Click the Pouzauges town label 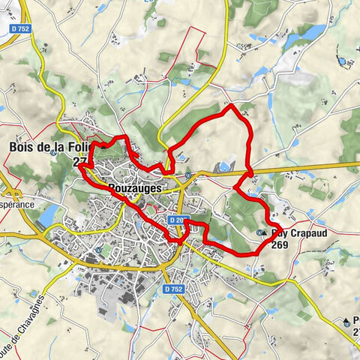click(x=135, y=189)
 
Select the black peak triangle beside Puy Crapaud click(x=264, y=233)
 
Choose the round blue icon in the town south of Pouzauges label click(x=99, y=250)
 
